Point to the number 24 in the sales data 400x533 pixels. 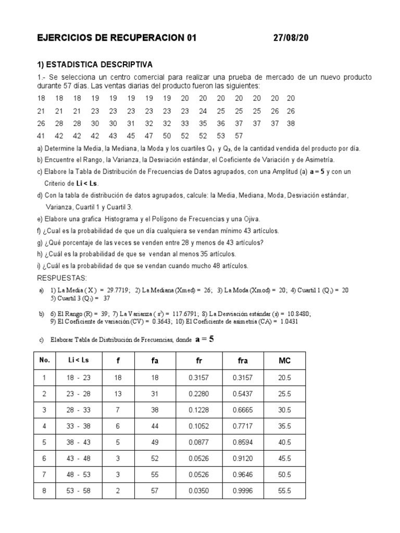203,111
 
